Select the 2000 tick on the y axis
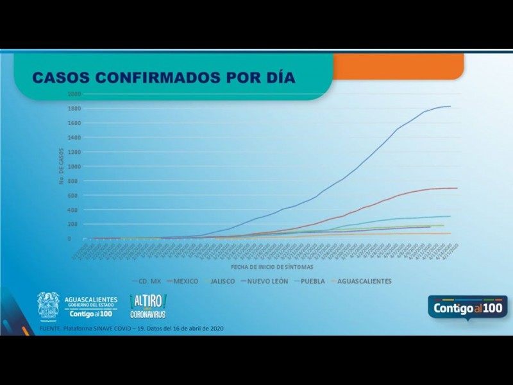point(74,94)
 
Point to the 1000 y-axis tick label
point(74,166)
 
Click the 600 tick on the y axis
point(75,195)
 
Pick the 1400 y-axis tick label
point(74,137)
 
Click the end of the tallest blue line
point(450,107)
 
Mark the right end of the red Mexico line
point(457,188)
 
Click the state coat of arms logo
point(48,305)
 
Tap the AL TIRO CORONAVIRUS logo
point(148,306)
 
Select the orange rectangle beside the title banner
point(398,67)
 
